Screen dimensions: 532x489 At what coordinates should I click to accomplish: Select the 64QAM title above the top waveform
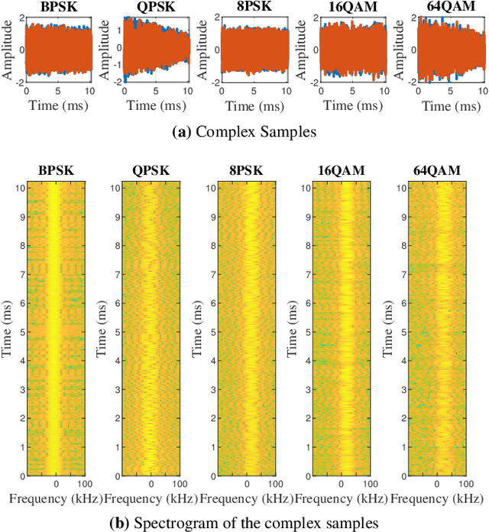pos(446,9)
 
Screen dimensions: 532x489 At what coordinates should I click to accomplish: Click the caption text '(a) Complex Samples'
pos(244,132)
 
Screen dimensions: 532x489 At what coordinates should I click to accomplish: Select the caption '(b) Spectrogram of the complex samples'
pos(244,522)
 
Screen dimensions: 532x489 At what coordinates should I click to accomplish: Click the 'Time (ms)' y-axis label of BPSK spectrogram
pos(8,330)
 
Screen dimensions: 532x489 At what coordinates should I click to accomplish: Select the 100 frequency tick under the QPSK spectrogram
pos(178,485)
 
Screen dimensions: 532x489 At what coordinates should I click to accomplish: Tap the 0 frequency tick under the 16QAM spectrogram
pos(342,485)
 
